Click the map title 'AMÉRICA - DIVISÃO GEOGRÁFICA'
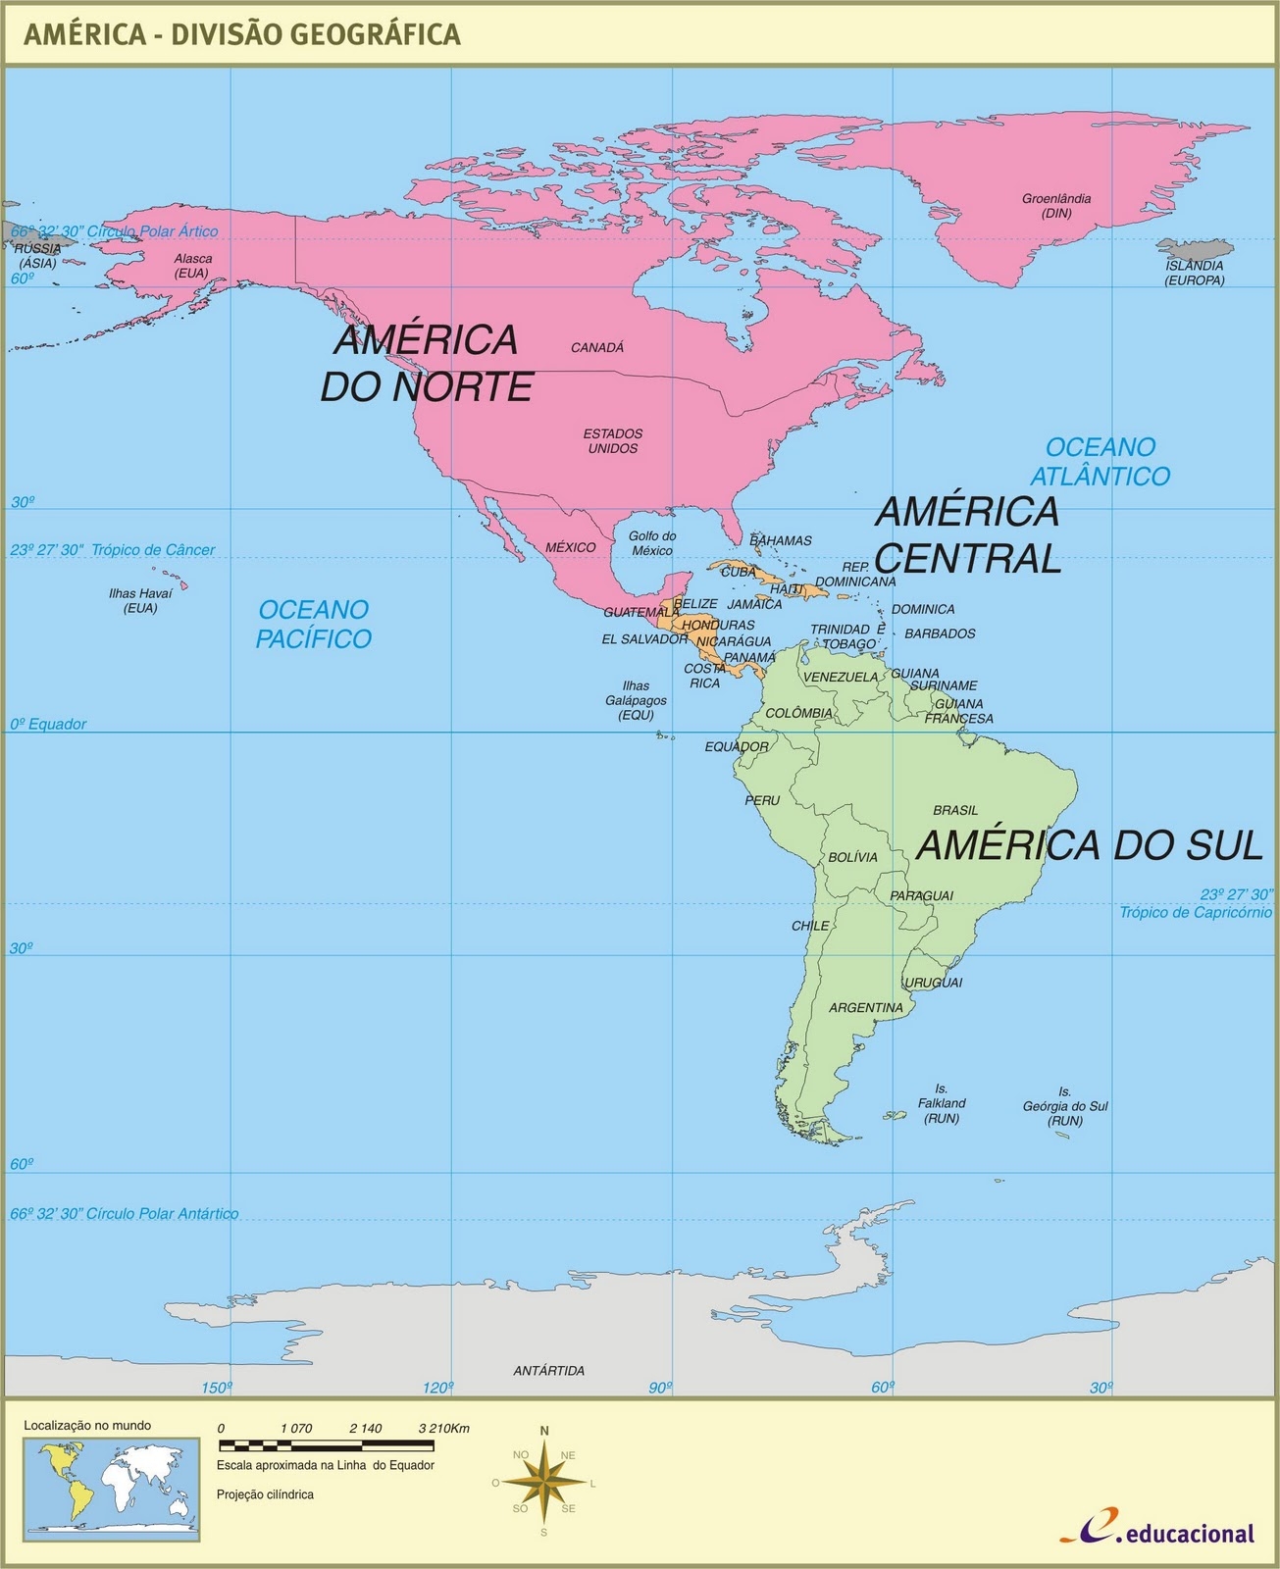pyautogui.click(x=241, y=34)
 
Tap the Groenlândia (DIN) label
pyautogui.click(x=1056, y=205)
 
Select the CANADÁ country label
pyautogui.click(x=597, y=347)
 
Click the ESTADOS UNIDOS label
pyautogui.click(x=613, y=440)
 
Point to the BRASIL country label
pyautogui.click(x=955, y=810)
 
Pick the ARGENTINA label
pyautogui.click(x=865, y=1007)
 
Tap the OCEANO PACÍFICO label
pyautogui.click(x=314, y=624)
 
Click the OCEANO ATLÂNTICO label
pyautogui.click(x=1100, y=462)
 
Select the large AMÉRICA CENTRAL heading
pyautogui.click(x=967, y=534)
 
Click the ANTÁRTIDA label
pyautogui.click(x=549, y=1370)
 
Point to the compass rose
pyautogui.click(x=544, y=1481)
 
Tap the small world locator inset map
pyautogui.click(x=112, y=1487)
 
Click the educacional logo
pyautogui.click(x=1156, y=1532)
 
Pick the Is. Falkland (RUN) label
pyautogui.click(x=942, y=1103)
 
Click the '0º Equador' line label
pyautogui.click(x=48, y=724)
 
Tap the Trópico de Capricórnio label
pyautogui.click(x=1196, y=912)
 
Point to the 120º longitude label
pyautogui.click(x=437, y=1387)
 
